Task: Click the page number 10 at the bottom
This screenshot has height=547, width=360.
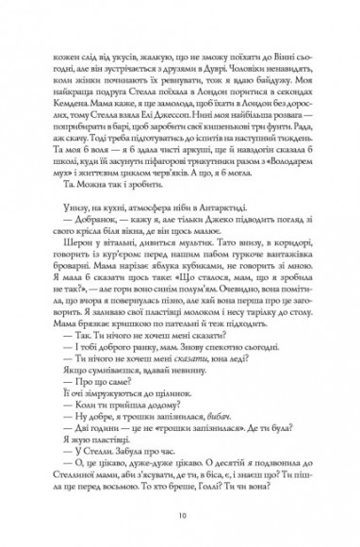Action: [180, 518]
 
